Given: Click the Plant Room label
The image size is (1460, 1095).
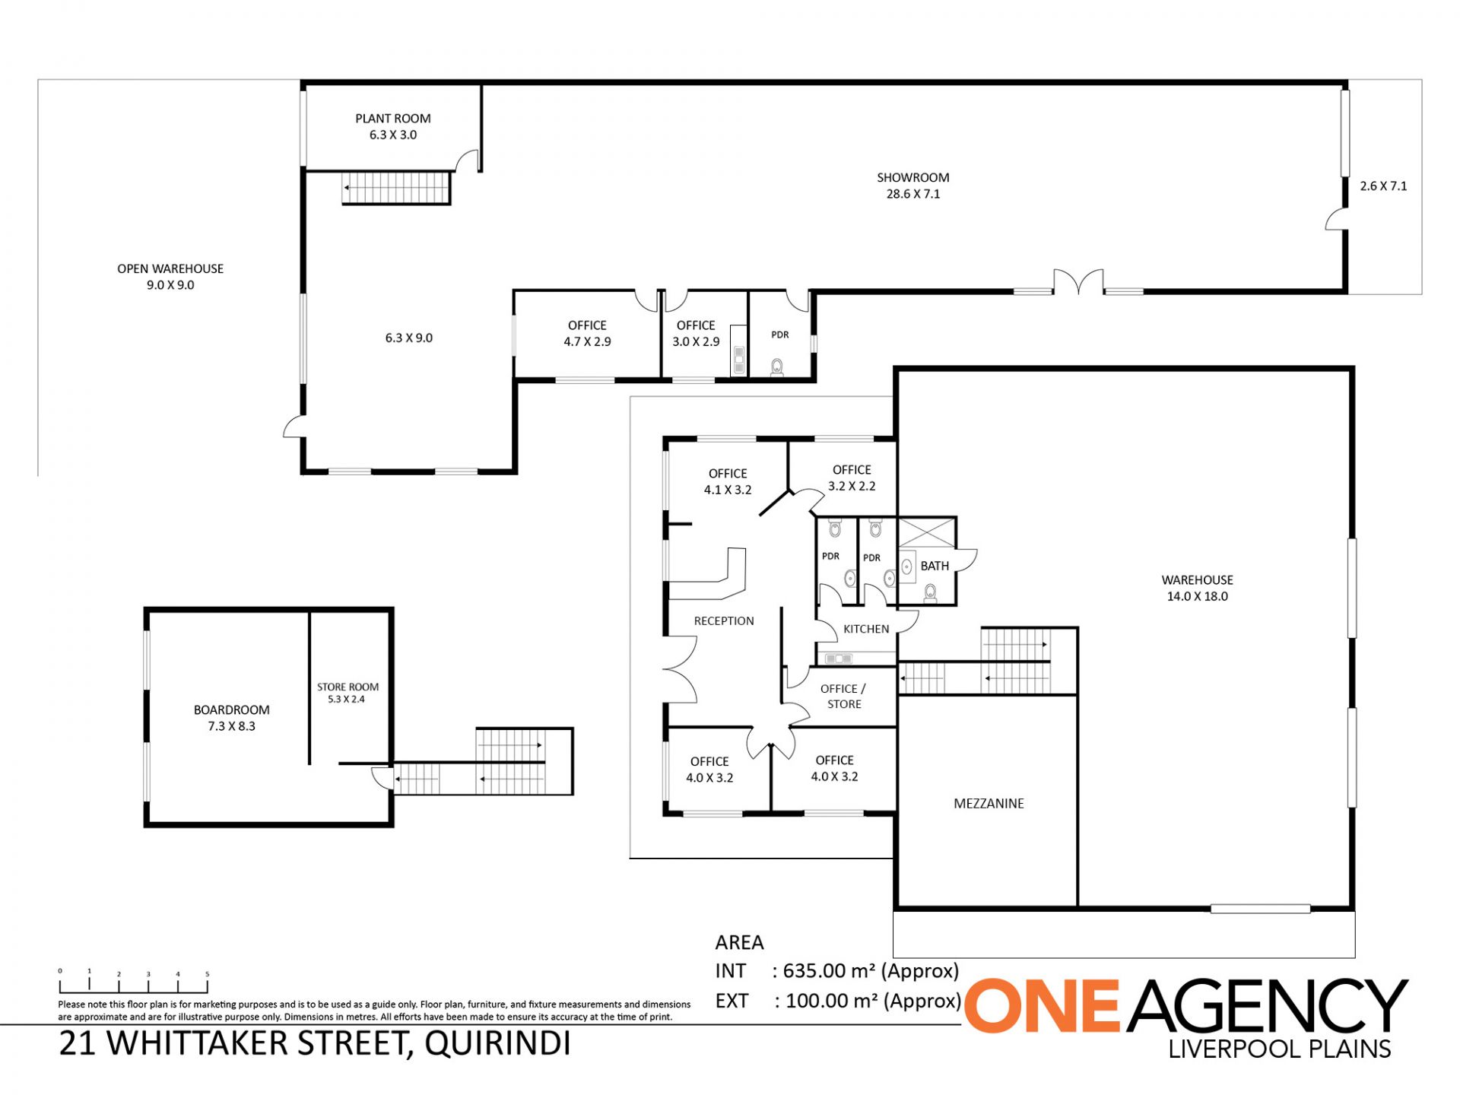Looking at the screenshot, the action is (393, 126).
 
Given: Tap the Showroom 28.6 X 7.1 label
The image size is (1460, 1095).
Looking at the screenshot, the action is (912, 186).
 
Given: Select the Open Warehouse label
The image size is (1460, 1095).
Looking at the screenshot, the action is (170, 277).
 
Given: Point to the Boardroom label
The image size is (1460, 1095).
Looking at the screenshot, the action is (231, 718).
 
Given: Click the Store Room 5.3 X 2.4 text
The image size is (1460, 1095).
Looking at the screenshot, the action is (348, 693).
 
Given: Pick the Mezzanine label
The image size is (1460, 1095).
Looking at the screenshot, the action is (989, 803).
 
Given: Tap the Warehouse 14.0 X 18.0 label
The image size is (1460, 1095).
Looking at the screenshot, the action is (1197, 588).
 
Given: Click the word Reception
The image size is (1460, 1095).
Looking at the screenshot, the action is (724, 620).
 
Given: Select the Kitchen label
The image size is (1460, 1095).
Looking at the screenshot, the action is (866, 629).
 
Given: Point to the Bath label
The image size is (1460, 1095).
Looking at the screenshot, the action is (935, 566).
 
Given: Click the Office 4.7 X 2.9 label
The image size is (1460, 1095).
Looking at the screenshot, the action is (587, 333).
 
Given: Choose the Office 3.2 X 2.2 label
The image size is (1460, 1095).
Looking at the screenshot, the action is (852, 478).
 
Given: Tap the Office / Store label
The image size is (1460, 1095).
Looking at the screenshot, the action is (843, 696).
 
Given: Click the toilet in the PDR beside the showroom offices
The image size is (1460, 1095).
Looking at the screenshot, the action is (776, 367).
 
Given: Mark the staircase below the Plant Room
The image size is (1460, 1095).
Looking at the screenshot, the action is (396, 188).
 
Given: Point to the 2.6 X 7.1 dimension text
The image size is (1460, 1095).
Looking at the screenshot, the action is (1383, 186).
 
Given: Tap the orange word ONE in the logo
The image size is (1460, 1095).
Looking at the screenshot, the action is (1043, 1005).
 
